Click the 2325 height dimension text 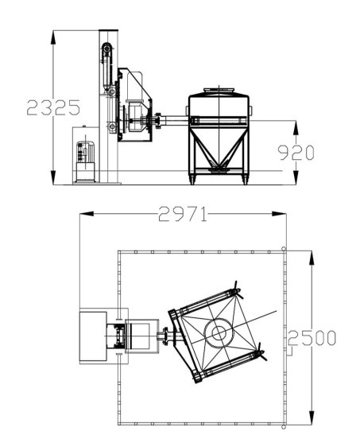pos(53,107)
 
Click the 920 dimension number pos(296,153)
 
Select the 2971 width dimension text pos(183,214)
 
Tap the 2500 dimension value pos(312,338)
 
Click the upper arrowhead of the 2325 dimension pos(53,37)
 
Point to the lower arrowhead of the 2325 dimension pos(53,177)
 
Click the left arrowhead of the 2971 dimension pos(87,214)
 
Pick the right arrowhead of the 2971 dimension pos(279,214)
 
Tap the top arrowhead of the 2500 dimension pos(312,258)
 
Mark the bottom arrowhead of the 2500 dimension pos(312,418)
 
